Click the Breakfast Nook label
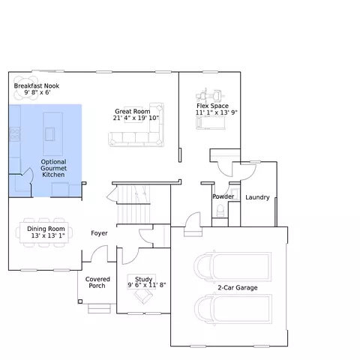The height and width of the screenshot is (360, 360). coord(37,85)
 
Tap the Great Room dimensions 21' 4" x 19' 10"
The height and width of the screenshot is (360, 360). coord(136,118)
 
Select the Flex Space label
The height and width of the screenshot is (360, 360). coord(212,106)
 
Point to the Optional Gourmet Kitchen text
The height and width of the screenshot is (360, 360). coord(53,168)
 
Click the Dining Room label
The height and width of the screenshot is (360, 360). coord(46,229)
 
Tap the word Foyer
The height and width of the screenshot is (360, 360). coord(99,233)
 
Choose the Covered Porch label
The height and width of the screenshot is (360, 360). coord(97,283)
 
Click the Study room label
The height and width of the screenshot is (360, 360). coord(143,279)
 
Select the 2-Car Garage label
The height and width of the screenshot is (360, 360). coord(238,288)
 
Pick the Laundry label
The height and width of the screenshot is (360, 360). coord(257,197)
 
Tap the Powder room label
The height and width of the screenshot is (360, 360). coord(223,196)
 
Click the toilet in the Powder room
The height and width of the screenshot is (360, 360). coord(220,210)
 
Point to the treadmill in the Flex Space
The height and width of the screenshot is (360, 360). coord(211,123)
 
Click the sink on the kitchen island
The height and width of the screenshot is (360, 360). coord(49,134)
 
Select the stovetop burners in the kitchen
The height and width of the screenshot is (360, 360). coord(15,134)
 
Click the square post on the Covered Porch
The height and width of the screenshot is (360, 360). coord(80,301)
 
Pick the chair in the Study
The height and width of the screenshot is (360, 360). coord(143,296)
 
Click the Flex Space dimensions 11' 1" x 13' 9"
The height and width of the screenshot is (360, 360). coord(217,112)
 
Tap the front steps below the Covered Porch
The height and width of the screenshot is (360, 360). coord(99,309)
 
